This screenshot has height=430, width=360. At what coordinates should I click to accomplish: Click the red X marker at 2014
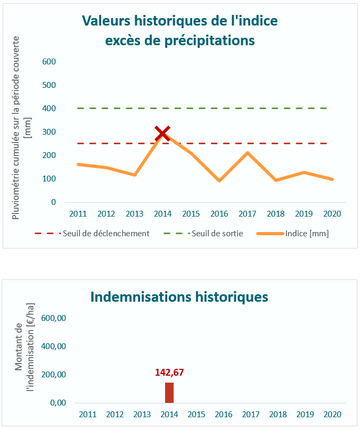pos(162,134)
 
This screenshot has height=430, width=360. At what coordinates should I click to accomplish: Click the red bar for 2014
pos(169,393)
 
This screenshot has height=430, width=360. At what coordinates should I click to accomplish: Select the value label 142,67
pos(169,373)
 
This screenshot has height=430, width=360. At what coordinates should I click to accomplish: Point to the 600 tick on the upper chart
pos(50,62)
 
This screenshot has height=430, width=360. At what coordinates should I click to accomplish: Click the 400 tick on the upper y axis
pos(50,109)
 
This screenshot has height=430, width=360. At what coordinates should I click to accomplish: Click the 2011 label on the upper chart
pos(78,214)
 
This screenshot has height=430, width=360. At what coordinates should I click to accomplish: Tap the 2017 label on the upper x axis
pos(247,214)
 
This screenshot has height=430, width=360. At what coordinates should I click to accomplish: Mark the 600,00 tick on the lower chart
pos(54,318)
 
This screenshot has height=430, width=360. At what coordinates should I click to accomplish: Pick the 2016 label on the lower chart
pos(224,414)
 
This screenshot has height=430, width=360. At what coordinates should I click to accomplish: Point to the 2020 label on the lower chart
pos(332,414)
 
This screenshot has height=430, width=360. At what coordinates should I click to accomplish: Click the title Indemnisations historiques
pos(179,296)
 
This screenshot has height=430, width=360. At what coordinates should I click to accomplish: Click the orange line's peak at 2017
pos(247,153)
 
